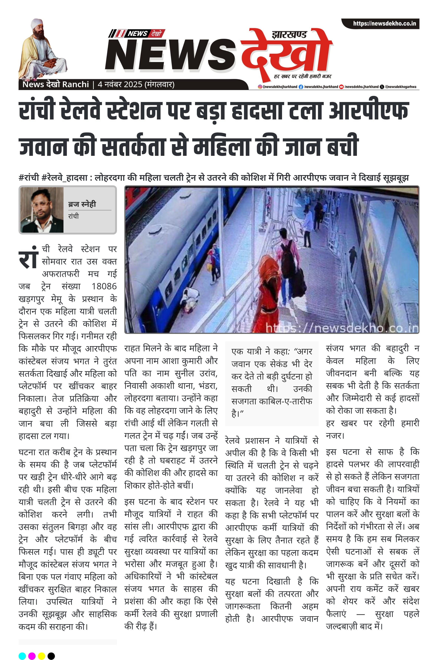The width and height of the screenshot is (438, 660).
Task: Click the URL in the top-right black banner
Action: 384,23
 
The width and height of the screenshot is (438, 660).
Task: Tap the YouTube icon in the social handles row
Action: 341,87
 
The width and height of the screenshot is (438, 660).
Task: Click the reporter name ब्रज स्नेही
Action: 82,204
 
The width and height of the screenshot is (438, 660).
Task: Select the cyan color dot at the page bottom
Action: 22,656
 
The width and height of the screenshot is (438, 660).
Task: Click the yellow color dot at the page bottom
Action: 41,656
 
